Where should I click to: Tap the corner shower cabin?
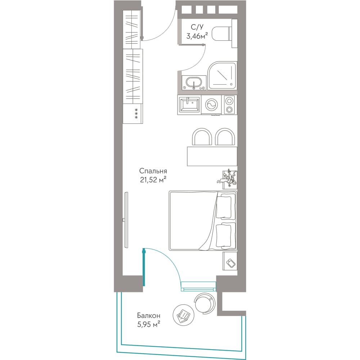coord(222,76)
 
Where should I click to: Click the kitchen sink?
coord(189,105)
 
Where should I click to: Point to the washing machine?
coord(211,105)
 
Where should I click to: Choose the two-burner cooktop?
coord(229,105)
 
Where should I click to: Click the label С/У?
coord(197,27)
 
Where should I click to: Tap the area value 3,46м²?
coord(197,36)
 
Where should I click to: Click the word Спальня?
coord(153,171)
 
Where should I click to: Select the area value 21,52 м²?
coord(153,180)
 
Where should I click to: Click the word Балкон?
coord(149,315)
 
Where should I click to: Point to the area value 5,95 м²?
coord(149,324)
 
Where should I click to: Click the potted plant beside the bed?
coord(227,179)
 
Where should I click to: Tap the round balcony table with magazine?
coord(184,315)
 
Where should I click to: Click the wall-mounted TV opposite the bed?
coord(126,220)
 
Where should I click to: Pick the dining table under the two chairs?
coord(212,156)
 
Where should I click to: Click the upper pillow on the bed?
coord(224,207)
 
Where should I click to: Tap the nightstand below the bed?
coord(230,261)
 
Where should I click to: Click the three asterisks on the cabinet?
coord(136,113)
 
